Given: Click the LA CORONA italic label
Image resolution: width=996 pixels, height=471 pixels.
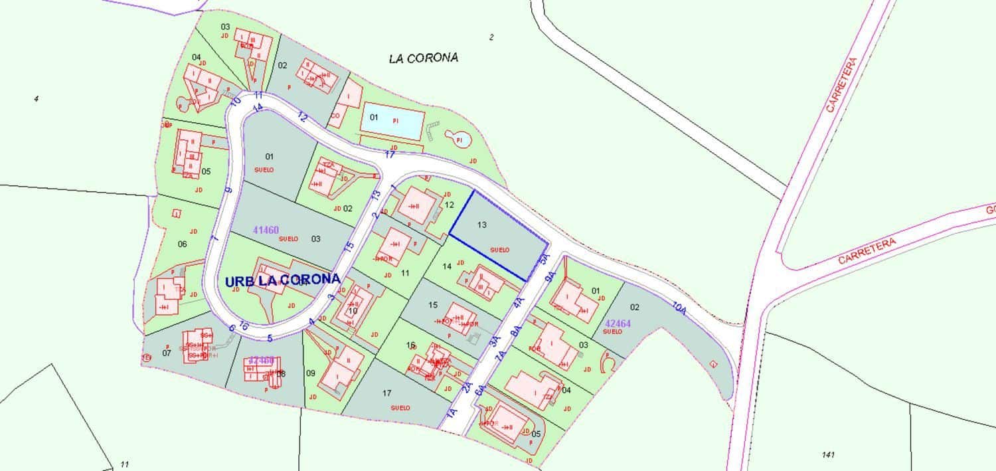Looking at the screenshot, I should (x=424, y=58).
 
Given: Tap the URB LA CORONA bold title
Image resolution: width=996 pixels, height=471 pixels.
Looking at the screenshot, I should (x=282, y=280).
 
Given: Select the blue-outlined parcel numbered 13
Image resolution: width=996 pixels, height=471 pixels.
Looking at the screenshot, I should (x=499, y=236).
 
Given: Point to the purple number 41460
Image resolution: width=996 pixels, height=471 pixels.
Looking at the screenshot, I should (x=266, y=230).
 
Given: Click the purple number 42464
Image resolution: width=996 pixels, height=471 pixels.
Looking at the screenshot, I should (x=618, y=324).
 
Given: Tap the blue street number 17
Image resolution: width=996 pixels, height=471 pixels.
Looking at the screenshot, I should (x=390, y=155).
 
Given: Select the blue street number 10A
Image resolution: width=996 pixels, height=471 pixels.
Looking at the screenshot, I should (x=679, y=308).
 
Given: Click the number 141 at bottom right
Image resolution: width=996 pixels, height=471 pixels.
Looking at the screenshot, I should (x=827, y=455).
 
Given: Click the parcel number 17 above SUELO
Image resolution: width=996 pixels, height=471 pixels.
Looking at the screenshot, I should (x=387, y=393).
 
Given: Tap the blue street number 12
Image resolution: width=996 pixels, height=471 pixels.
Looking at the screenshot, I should (x=303, y=117).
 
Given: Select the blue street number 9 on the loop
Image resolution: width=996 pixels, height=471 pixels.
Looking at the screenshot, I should (x=228, y=191).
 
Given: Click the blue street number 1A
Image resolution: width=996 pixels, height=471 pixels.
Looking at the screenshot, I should (x=452, y=413).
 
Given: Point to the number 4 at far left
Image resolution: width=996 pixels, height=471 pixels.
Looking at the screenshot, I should (x=36, y=99).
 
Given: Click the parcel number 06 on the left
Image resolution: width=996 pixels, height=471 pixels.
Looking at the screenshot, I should (x=183, y=244).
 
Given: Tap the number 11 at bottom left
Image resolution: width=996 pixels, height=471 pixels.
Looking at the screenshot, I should (x=124, y=464).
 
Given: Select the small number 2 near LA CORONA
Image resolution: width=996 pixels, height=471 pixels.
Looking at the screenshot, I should (x=491, y=37).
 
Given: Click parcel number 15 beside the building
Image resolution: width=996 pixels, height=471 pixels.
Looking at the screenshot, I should (x=433, y=305).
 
